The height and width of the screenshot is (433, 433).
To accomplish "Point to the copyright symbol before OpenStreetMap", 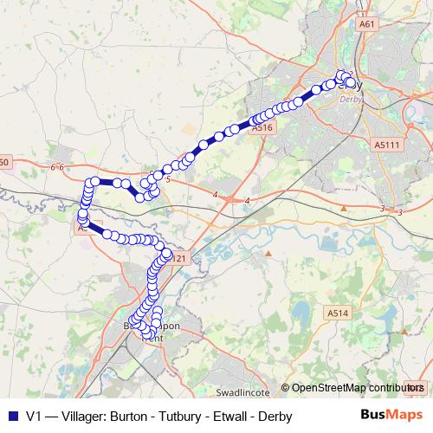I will click(285, 388).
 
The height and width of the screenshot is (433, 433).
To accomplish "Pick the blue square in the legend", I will click(11, 416).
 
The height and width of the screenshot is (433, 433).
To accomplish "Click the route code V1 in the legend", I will click(35, 416).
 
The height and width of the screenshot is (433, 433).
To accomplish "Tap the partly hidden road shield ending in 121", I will click(178, 258).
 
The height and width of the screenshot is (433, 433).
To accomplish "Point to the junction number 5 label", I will click(168, 179).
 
